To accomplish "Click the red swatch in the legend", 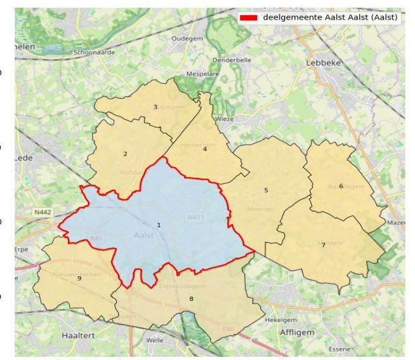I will click(249, 17).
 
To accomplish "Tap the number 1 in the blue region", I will click(159, 225).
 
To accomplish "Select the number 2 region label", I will click(125, 154).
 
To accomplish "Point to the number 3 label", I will click(155, 107).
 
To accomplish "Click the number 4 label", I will click(204, 149).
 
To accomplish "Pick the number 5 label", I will click(266, 190).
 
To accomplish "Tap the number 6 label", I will click(341, 185).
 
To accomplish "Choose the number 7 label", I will click(323, 244).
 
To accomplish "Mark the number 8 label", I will click(190, 298).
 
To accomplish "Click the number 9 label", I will click(79, 277).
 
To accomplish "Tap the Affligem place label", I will click(297, 332).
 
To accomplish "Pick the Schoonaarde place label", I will click(95, 52).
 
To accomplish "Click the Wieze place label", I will click(225, 119).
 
